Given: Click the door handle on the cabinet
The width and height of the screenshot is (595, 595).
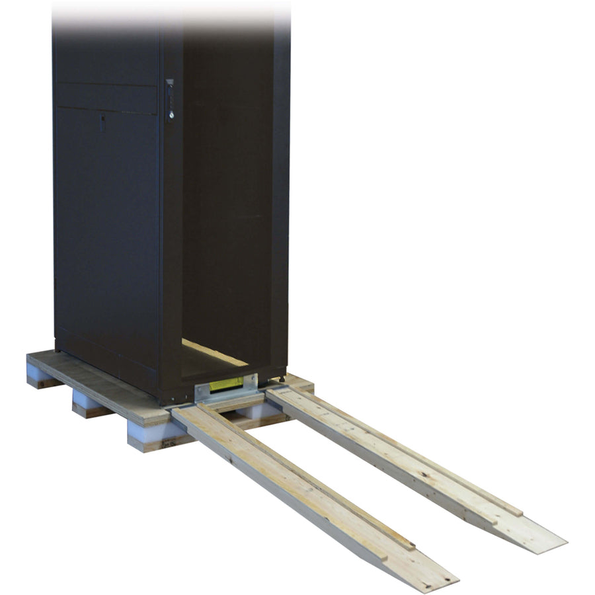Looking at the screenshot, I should click(170, 99).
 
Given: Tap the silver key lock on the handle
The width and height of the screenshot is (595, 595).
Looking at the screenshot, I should click(171, 114).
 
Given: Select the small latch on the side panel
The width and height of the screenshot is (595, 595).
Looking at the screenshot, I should click(103, 120).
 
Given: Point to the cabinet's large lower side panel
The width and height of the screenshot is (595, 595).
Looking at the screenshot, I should click(106, 238).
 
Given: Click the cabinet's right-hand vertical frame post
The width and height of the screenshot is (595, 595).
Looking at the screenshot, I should click(282, 198).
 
